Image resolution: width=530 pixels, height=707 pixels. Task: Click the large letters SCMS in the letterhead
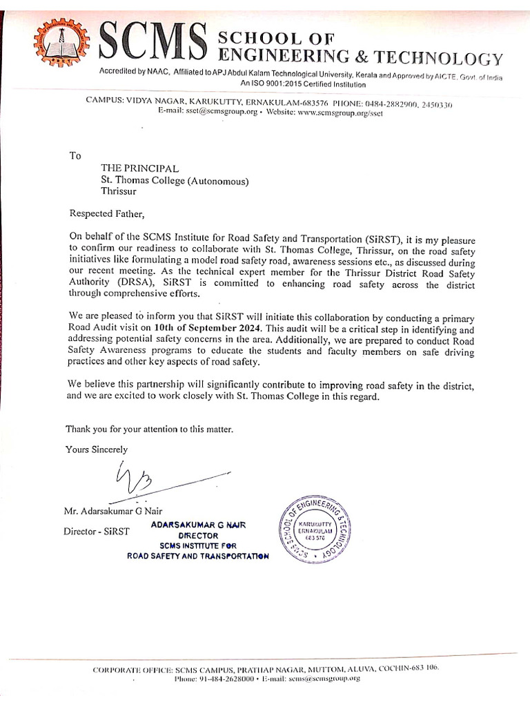(154, 43)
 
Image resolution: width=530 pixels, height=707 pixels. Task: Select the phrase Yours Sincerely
(97, 449)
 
